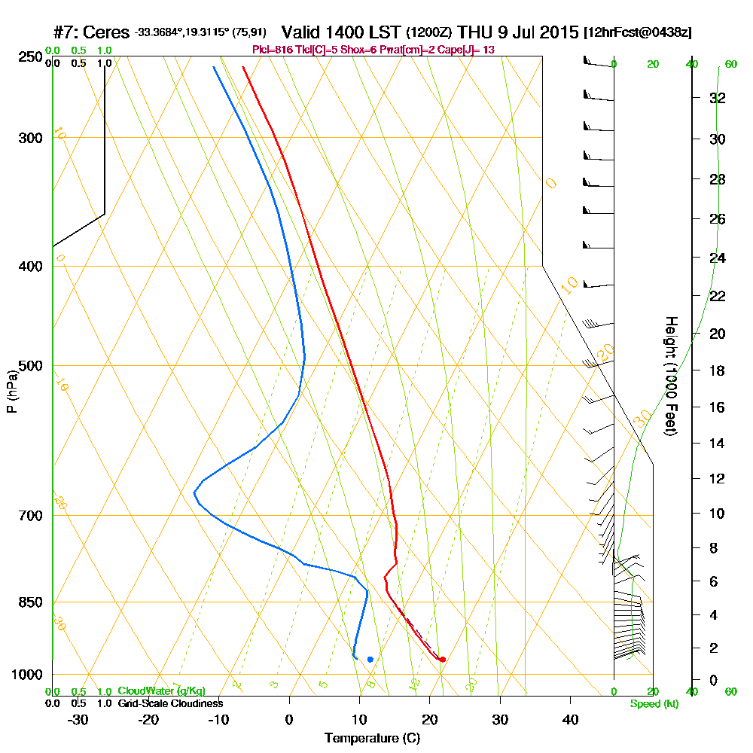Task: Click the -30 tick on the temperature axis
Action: pos(78,720)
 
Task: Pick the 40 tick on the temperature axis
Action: pos(570,720)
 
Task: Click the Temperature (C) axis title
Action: pos(372,739)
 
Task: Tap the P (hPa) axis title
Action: pos(11,391)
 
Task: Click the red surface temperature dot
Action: pos(443,660)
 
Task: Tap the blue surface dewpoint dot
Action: pos(370,660)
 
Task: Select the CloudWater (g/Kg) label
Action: pos(161,691)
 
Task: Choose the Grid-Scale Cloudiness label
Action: pos(169,703)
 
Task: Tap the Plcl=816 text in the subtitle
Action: pos(269,50)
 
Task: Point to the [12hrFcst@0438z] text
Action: pos(638,33)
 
